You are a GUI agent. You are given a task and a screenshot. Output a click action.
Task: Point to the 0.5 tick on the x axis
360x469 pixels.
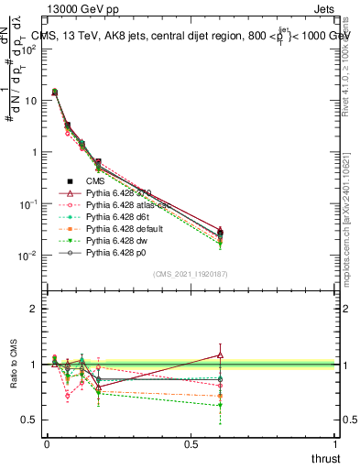coord(191,444)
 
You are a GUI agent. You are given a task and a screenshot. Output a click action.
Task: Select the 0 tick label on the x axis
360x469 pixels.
coord(47,444)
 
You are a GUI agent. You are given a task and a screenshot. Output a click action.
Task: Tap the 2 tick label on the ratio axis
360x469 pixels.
coord(35,309)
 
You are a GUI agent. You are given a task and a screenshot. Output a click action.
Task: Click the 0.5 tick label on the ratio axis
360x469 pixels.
coord(30,420)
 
